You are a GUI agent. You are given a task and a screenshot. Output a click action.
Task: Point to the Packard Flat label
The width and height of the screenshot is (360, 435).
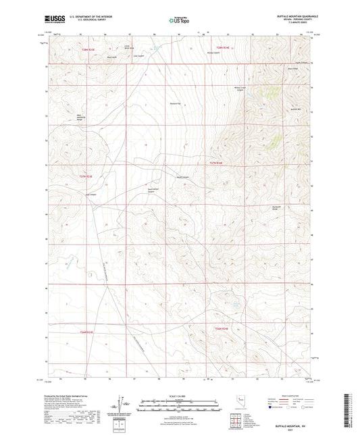click(x=174, y=104)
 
